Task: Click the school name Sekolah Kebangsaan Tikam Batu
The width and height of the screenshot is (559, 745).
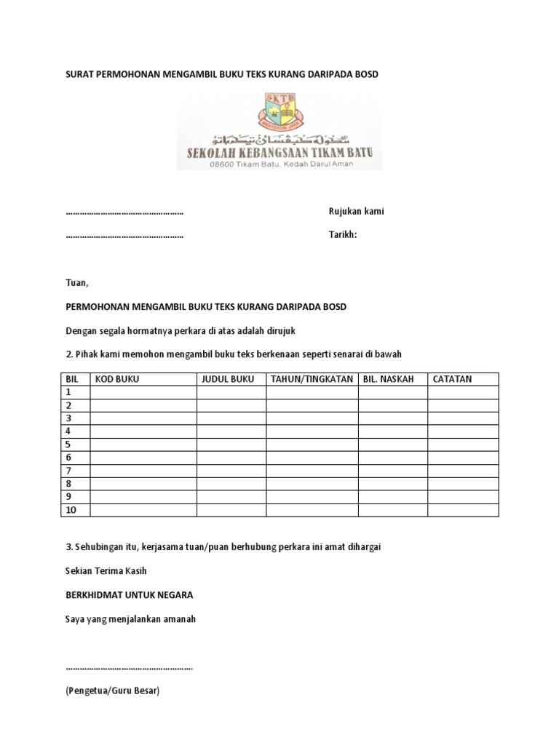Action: point(279,154)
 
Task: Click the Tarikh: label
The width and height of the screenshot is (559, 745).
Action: point(344,235)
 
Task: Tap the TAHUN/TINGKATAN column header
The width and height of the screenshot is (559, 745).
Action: point(312,379)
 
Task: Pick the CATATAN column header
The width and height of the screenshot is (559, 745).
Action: point(453,379)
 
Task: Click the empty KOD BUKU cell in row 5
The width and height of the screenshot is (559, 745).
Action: point(143,445)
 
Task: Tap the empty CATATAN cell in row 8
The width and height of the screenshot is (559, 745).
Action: point(463,484)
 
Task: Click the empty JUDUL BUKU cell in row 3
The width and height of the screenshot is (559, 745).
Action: point(231,418)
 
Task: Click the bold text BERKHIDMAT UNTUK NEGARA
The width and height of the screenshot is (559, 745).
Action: point(129,594)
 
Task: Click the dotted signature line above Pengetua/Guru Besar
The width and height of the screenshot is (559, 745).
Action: point(129,666)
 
